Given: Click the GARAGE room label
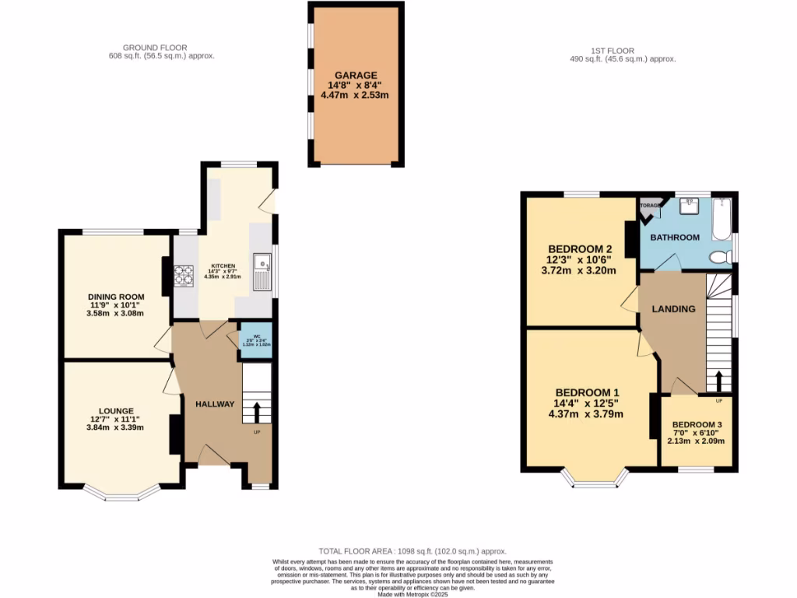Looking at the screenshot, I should pos(355,76).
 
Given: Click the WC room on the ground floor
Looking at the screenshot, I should pos(255,340).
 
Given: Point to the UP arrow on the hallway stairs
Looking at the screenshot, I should pos(257,410).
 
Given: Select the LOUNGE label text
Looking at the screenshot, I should pos(115,410).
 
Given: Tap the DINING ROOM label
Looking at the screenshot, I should pos(115,296).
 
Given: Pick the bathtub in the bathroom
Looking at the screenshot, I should pos(722,220).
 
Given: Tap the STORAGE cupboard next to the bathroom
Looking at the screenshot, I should pos(648,206).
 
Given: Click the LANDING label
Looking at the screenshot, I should pos(673,309).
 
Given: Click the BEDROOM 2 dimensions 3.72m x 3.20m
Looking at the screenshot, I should pos(578,271).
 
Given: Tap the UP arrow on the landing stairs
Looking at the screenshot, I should pos(718,382).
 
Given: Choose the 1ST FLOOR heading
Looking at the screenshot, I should pos(595,48).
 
